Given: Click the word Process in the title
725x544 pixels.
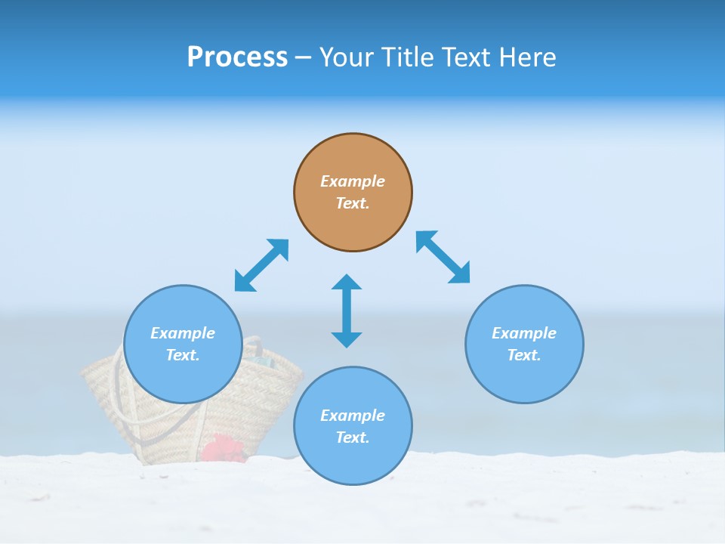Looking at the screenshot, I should (x=237, y=57).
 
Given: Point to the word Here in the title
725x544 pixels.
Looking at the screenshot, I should (x=529, y=57).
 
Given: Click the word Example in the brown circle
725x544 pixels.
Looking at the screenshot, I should (x=353, y=181).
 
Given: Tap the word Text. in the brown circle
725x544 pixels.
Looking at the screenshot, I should (x=353, y=203).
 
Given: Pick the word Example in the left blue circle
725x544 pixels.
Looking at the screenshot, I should (x=183, y=333).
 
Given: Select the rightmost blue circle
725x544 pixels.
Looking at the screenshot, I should (x=524, y=378).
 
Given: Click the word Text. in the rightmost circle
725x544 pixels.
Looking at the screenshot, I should (x=524, y=355).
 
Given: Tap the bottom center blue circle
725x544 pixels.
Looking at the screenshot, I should (x=353, y=461).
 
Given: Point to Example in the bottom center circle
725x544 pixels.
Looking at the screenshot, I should (x=353, y=416).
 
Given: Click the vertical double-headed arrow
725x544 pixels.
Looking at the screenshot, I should (x=347, y=311).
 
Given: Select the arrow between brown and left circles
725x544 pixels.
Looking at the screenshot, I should (x=261, y=265).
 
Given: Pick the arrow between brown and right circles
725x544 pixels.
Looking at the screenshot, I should (x=443, y=258).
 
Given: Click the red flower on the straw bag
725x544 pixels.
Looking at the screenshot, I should (x=223, y=449).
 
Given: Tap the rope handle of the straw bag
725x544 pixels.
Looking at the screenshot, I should (x=116, y=385).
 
